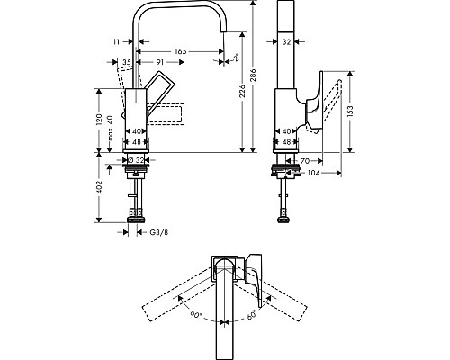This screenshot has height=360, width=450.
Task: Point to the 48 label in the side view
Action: click(286, 141)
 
